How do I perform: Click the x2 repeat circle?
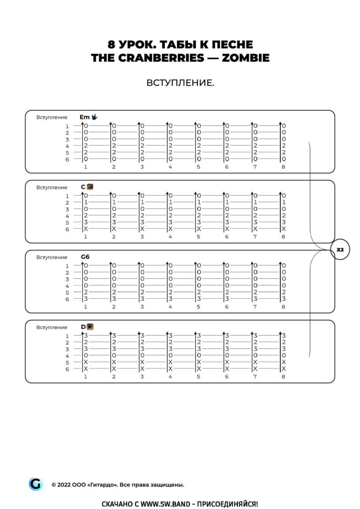[340, 250]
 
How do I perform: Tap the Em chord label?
[84, 117]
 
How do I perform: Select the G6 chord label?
[85, 257]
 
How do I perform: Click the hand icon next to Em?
[94, 117]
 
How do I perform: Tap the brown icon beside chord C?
[90, 187]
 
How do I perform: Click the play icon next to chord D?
[90, 327]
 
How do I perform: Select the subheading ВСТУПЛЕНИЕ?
[180, 83]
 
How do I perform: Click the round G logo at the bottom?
[35, 484]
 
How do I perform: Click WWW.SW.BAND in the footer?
[162, 504]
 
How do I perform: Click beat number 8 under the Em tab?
[283, 167]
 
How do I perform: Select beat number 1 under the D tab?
[86, 376]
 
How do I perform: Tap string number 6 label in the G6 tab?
[67, 299]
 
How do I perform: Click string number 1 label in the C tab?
[67, 196]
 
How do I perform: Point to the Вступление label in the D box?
[52, 328]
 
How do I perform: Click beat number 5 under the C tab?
[198, 237]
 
